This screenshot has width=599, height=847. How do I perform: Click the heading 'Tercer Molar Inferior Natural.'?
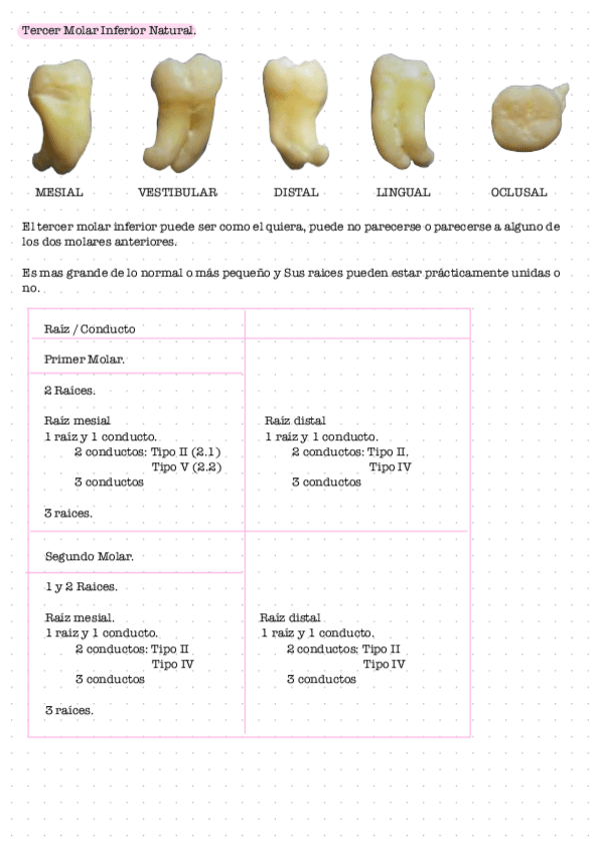[x=108, y=31]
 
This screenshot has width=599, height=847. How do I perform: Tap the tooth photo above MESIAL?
[x=61, y=115]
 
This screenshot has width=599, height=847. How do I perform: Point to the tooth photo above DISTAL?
[x=297, y=112]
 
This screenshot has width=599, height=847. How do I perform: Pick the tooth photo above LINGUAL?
[x=403, y=110]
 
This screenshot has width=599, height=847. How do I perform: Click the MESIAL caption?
[x=59, y=192]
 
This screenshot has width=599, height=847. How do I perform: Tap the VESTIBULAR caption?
[x=178, y=192]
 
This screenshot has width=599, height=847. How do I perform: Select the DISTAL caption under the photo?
[x=296, y=192]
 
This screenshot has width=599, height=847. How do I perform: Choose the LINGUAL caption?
[x=403, y=192]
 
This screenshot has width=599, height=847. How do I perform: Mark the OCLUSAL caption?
[x=518, y=192]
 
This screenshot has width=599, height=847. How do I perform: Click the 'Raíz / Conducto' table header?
[x=90, y=329]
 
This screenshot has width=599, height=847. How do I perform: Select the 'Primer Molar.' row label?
[x=84, y=359]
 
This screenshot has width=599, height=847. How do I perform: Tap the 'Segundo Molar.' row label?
[x=89, y=555]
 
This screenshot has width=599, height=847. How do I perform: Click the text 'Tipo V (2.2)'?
[x=186, y=466]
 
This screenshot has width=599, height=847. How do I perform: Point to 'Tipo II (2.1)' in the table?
[x=185, y=451]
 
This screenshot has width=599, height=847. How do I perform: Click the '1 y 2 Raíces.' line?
[x=81, y=586]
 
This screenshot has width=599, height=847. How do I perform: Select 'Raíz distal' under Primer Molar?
[x=295, y=421]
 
